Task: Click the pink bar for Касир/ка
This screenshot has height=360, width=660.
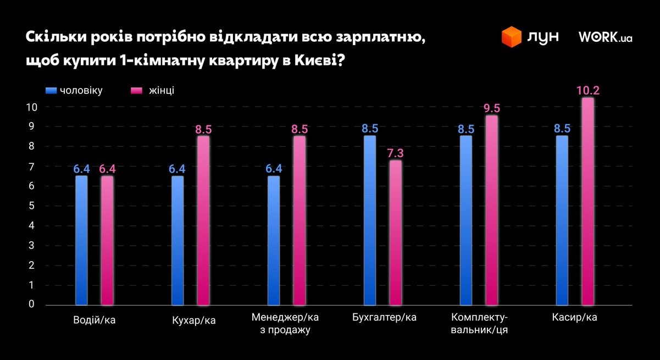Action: click(x=587, y=201)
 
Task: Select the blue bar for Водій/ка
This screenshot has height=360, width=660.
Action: click(x=81, y=240)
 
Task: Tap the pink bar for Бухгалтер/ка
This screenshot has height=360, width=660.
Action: click(x=396, y=232)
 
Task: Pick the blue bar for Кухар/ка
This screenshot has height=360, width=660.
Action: click(x=178, y=240)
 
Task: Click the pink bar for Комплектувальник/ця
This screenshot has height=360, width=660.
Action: click(x=491, y=209)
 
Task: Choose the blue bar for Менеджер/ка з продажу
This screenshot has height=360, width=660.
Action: click(x=274, y=240)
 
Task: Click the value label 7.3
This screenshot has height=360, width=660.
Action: click(x=396, y=152)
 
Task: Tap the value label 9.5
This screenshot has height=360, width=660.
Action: click(x=491, y=108)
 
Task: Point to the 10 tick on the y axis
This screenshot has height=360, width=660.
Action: click(x=31, y=107)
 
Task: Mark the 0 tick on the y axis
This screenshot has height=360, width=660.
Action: click(x=31, y=304)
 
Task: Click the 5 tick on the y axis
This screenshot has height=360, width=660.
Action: click(x=31, y=206)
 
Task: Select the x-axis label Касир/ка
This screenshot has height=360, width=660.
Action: click(x=574, y=318)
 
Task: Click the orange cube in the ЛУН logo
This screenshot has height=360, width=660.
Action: click(x=511, y=37)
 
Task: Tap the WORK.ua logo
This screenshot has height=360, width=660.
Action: click(x=605, y=37)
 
